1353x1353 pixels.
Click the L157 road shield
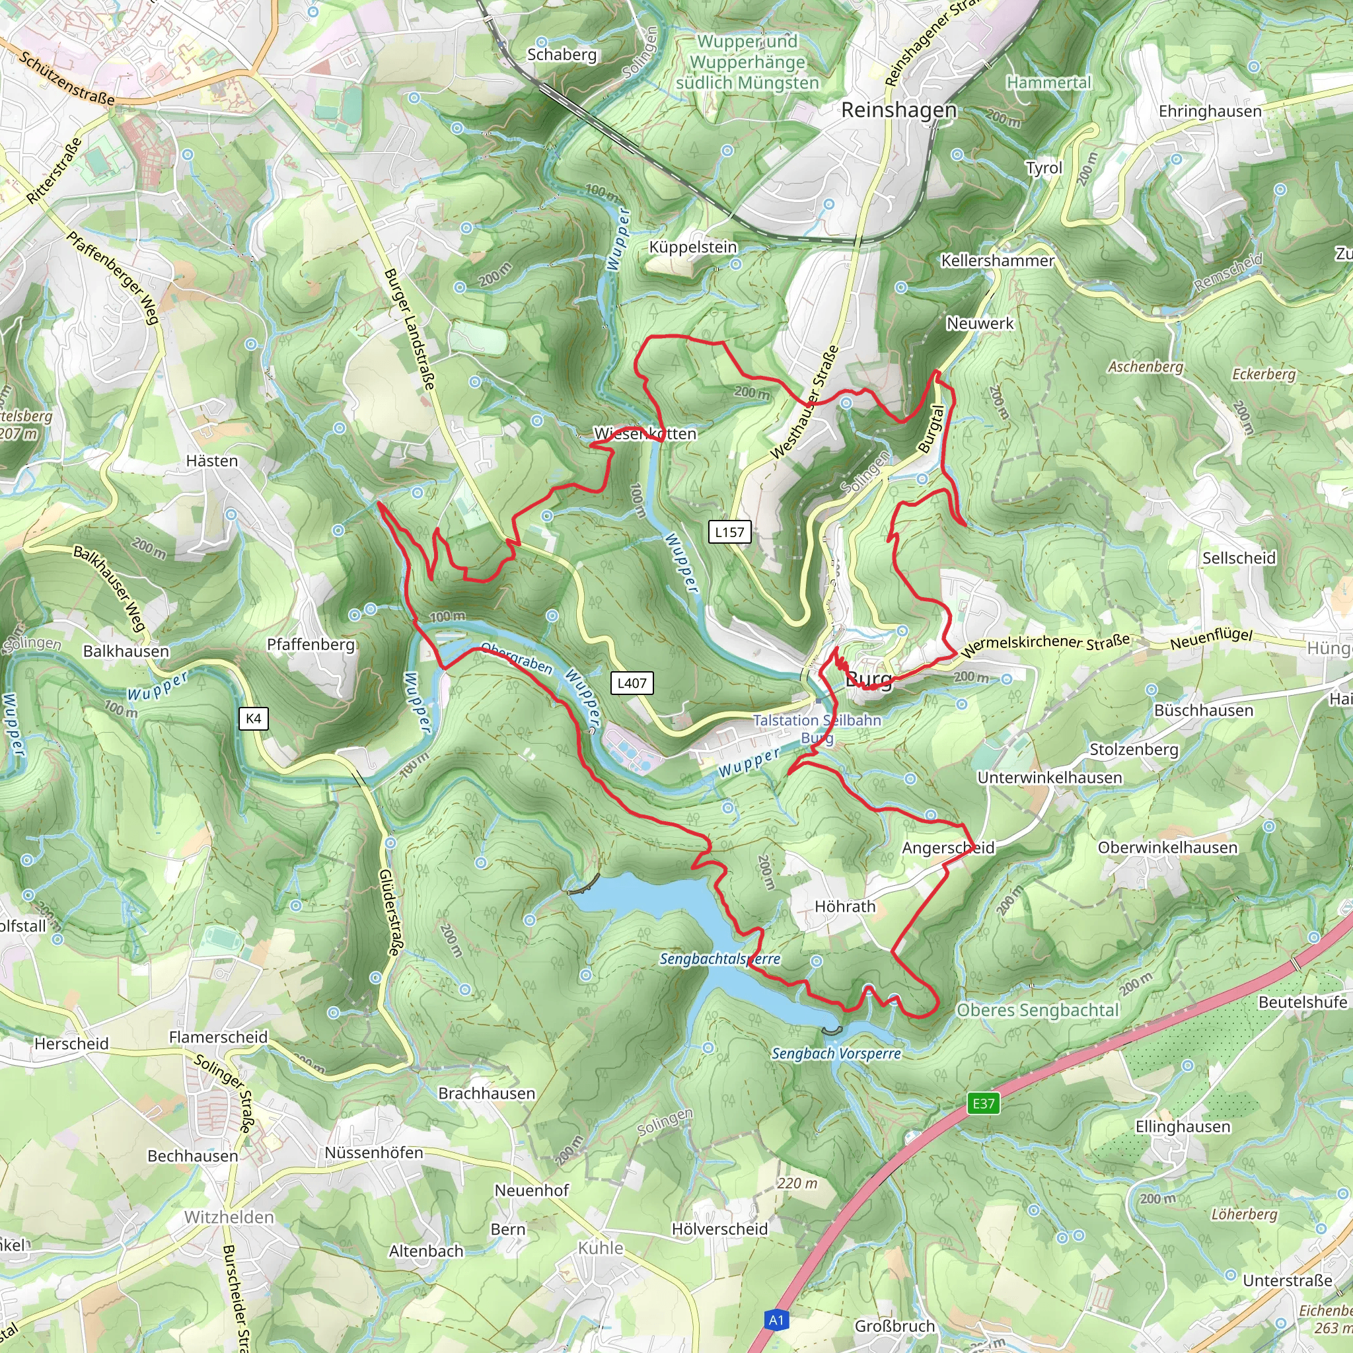[x=729, y=532]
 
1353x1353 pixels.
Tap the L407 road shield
[x=632, y=683]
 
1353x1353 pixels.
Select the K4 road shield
[x=254, y=719]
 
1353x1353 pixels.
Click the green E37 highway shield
[x=983, y=1104]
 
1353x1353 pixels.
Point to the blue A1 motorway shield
[x=776, y=1320]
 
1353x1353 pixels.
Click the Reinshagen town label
[x=898, y=110]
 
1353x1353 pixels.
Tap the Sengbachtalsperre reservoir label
[x=720, y=959]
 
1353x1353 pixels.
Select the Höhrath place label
[x=844, y=906]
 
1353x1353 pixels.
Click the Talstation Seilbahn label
[x=817, y=721]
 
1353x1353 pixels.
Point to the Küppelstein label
[x=692, y=247]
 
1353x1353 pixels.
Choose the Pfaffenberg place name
[x=311, y=644]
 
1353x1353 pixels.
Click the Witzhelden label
[x=229, y=1217]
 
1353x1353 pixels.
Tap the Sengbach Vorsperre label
[x=836, y=1053]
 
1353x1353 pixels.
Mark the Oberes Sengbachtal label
[x=1038, y=1010]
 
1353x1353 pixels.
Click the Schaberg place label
[x=562, y=55]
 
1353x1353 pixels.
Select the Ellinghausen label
[x=1182, y=1127]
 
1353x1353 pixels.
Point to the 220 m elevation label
[x=797, y=1183]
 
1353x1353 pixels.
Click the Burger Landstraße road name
[x=410, y=329]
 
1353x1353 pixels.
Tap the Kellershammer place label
[x=997, y=260]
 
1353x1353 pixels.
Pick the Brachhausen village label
[x=487, y=1093]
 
